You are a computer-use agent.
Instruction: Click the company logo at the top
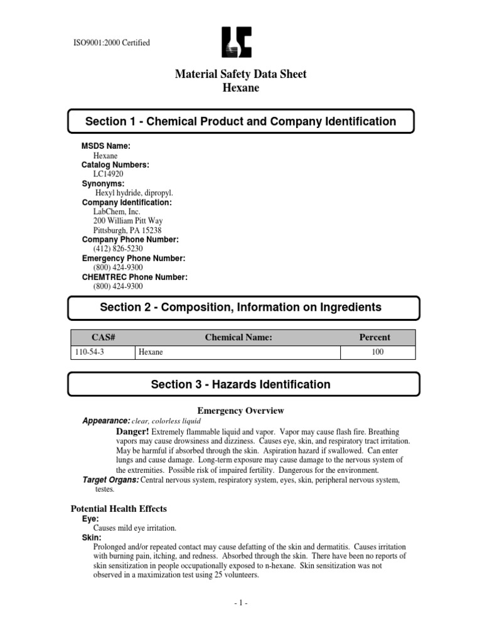coord(241,43)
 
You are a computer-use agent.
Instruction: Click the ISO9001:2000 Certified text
coord(112,43)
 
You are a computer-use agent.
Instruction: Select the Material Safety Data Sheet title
coord(241,74)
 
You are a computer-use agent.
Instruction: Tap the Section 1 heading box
coord(241,121)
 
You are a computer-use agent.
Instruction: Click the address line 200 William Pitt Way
coord(130,221)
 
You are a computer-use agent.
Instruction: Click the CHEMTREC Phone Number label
coord(134,277)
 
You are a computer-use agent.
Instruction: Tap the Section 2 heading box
coord(241,307)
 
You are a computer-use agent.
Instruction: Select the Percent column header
coord(374,337)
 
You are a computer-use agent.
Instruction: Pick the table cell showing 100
coord(377,352)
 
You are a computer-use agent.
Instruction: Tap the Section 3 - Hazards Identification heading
coord(241,384)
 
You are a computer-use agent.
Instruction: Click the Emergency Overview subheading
coord(241,411)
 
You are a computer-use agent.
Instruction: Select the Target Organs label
coord(111,480)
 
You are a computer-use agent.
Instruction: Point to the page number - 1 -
coord(241,603)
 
